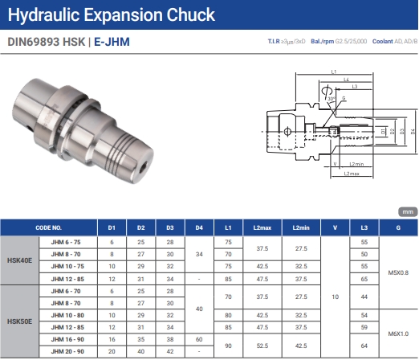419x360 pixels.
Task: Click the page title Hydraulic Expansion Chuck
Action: [112, 14]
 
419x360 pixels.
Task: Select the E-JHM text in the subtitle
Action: [112, 42]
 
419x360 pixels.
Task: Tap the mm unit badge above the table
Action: [408, 212]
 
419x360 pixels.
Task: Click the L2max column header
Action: [262, 227]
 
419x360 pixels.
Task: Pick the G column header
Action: [398, 227]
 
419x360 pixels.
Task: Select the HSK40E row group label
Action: [19, 260]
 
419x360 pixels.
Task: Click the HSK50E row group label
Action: [19, 321]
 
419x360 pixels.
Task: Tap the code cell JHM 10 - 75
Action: [67, 266]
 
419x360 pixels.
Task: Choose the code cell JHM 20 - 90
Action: [67, 351]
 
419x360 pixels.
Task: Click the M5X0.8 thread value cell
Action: [398, 272]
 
